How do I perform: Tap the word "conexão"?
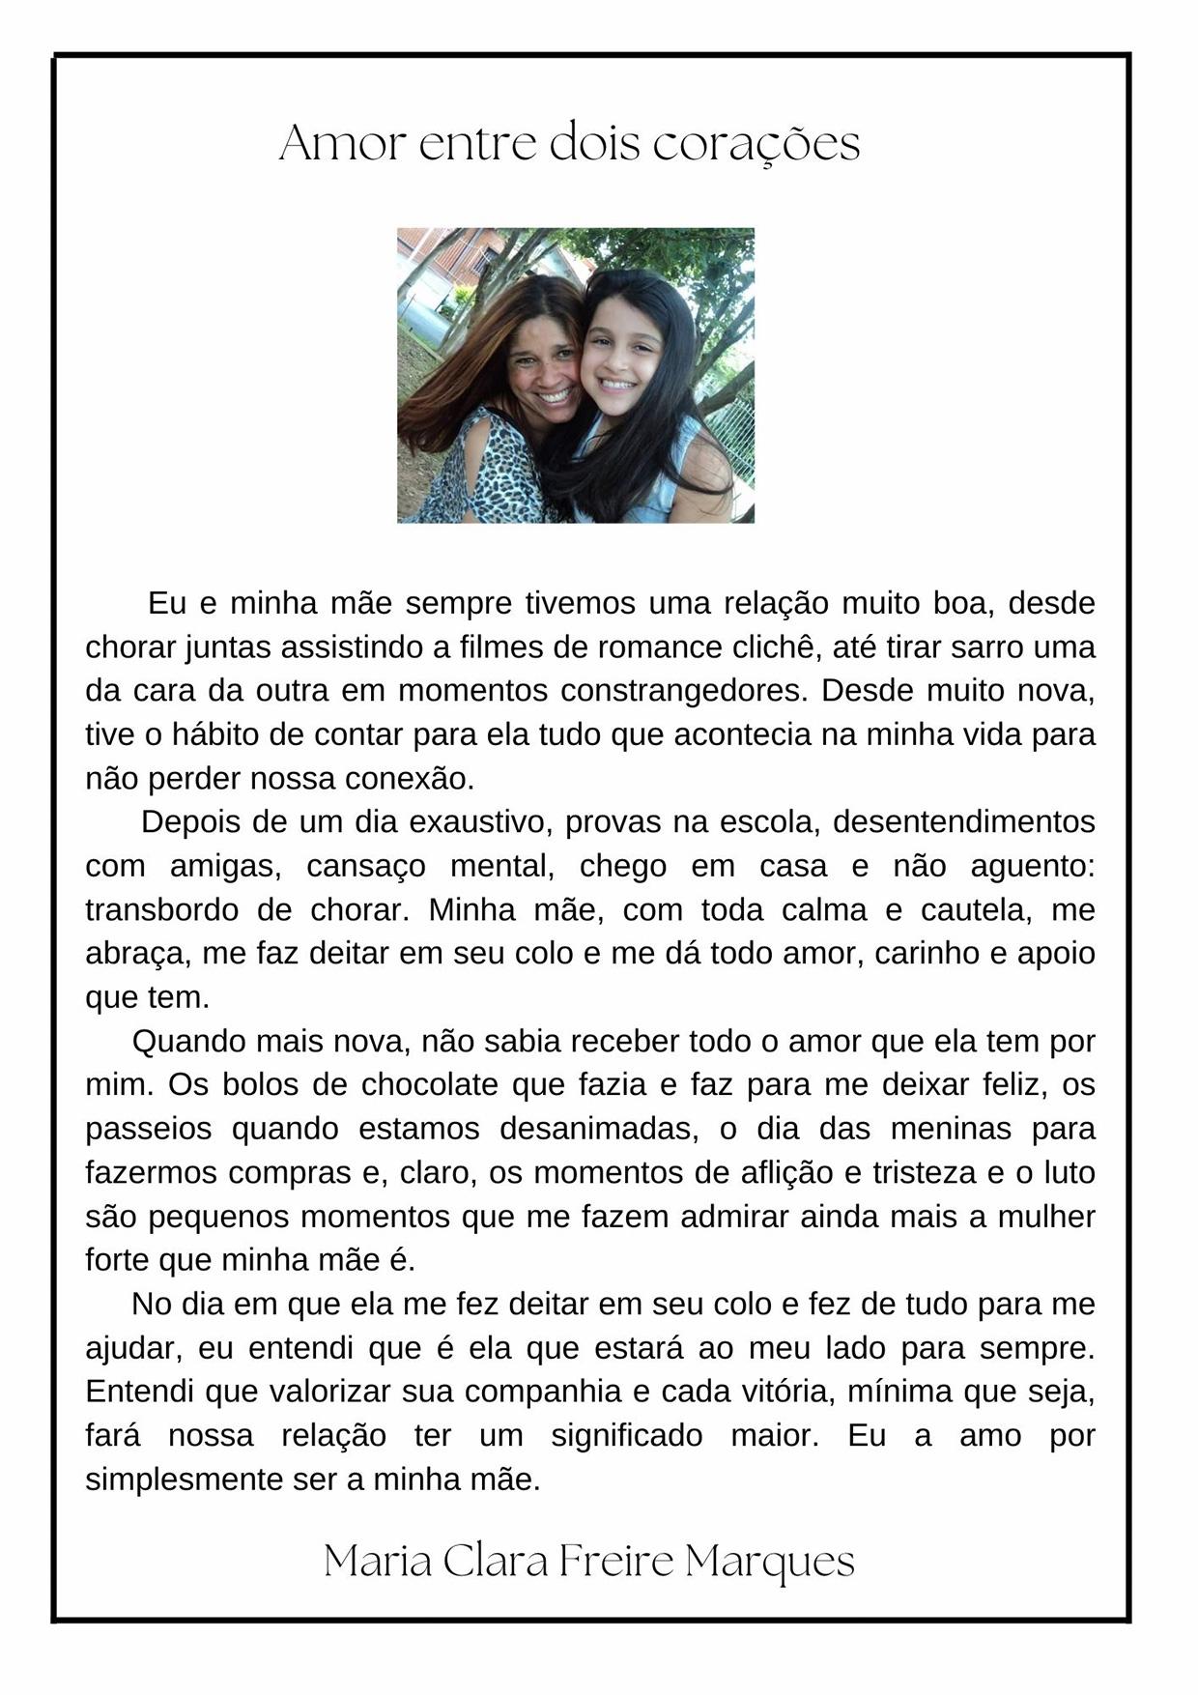coord(414,779)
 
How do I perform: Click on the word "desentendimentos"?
coord(963,822)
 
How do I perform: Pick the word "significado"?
coord(626,1436)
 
